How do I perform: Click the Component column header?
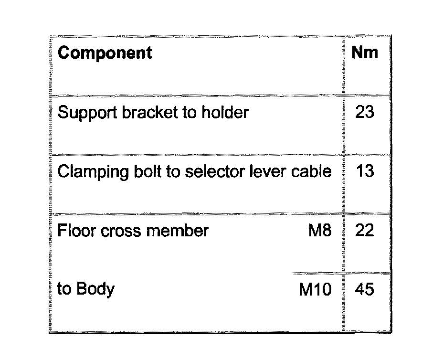point(105,53)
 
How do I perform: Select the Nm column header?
point(364,53)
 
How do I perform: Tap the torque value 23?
point(365,113)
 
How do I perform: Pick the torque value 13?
point(365,171)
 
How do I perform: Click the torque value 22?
point(365,231)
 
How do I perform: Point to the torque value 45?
point(365,289)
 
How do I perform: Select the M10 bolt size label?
point(315,290)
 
